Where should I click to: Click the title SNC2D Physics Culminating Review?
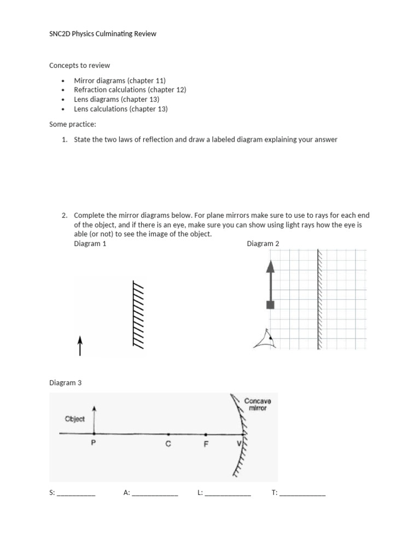[x=103, y=34]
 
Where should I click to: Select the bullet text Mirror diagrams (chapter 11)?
[x=120, y=80]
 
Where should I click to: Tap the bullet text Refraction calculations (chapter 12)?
[x=130, y=90]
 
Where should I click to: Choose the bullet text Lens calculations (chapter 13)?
[x=121, y=109]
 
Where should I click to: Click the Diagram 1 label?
[x=90, y=243]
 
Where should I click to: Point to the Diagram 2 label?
[x=263, y=243]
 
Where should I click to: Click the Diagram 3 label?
[x=65, y=383]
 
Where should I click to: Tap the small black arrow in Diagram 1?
[x=80, y=346]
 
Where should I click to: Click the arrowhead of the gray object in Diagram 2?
[x=270, y=266]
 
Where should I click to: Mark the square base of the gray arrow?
[x=270, y=305]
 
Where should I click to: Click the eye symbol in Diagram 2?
[x=265, y=340]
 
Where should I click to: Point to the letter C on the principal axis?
[x=168, y=444]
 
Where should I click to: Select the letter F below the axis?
[x=206, y=444]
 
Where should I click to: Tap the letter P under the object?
[x=94, y=444]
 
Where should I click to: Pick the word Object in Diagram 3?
[x=75, y=419]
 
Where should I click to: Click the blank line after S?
[x=76, y=493]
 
